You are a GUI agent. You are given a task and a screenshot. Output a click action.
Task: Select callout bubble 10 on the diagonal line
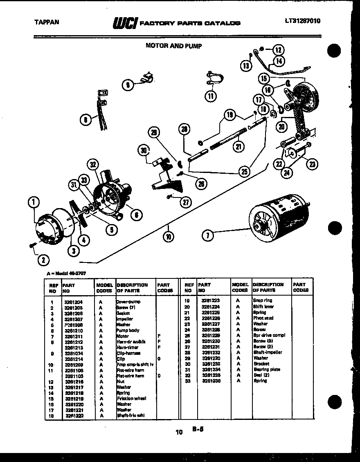coord(168,235)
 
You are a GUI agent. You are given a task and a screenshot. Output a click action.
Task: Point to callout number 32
coord(93,165)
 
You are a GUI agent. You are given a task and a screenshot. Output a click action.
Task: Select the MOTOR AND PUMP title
coord(173,46)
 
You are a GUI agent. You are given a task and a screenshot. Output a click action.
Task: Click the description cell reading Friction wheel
coord(131,398)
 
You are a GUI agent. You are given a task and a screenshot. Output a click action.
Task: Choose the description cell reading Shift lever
coord(263,306)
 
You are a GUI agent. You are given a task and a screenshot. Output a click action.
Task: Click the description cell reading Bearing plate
coord(267,369)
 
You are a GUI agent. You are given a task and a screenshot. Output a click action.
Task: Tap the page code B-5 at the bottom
coord(198,430)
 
